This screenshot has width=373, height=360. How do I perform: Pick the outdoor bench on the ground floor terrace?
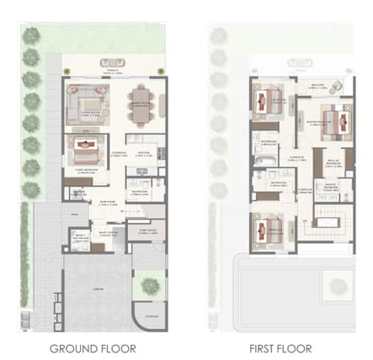pos(112,62)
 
